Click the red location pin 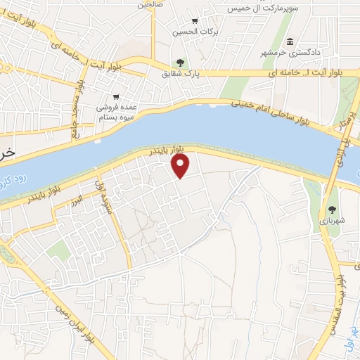181,166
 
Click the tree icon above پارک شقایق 181,63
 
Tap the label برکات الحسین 194,32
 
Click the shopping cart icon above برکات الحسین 195,20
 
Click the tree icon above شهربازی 331,209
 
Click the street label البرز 75,200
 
